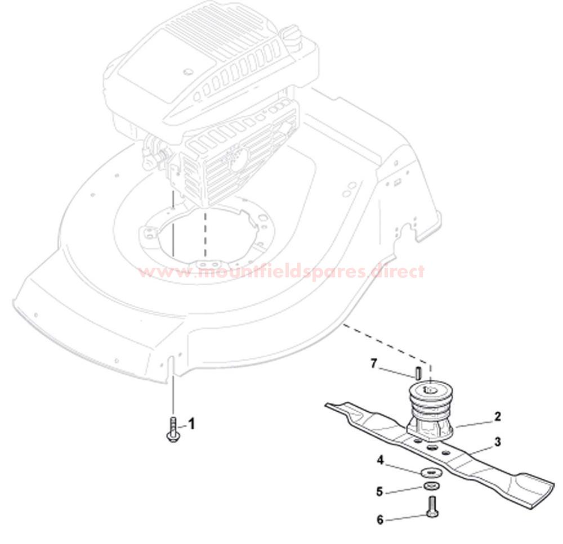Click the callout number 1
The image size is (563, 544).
tap(192, 424)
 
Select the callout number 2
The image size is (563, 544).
tap(497, 417)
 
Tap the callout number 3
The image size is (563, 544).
tap(498, 442)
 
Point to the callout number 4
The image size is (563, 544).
tap(381, 460)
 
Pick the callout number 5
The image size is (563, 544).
tap(379, 491)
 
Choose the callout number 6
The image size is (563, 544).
tap(380, 520)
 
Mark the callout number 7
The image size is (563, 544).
tap(374, 364)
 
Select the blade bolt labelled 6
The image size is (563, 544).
tap(432, 507)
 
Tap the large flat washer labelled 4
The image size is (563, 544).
tap(431, 472)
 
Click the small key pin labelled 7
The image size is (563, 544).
tap(418, 372)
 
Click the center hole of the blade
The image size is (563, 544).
tap(432, 447)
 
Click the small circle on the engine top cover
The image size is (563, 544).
tap(186, 72)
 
